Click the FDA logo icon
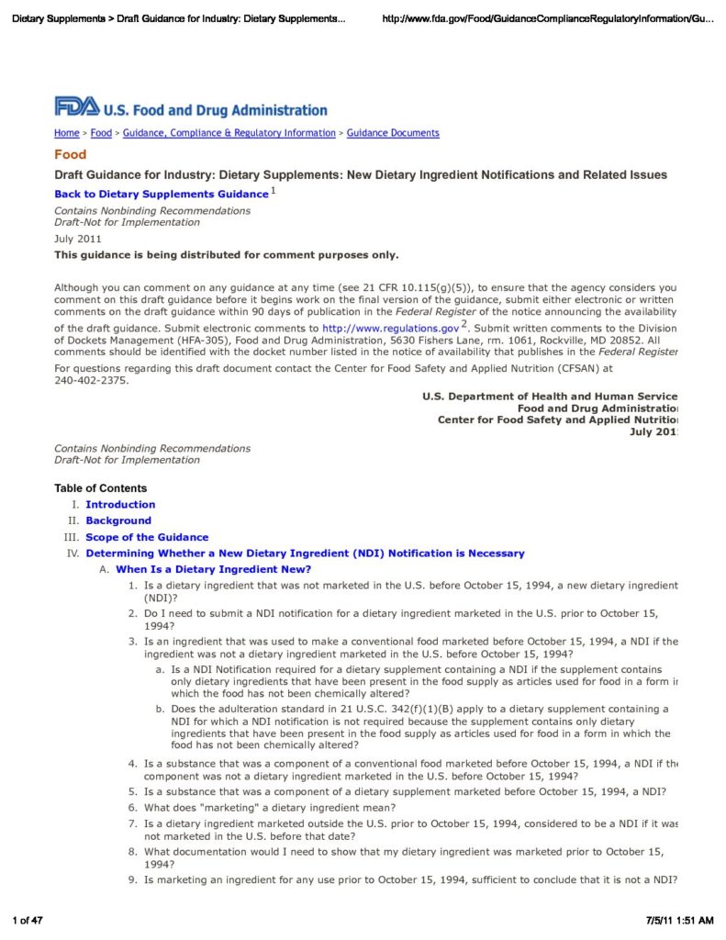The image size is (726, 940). click(77, 107)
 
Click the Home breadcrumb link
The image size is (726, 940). click(66, 133)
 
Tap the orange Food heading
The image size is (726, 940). click(71, 155)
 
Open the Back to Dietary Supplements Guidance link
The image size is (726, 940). click(161, 195)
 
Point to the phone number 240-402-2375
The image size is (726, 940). click(92, 380)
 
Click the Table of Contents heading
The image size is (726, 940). click(100, 488)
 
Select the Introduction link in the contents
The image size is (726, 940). click(120, 505)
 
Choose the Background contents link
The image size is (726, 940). click(117, 520)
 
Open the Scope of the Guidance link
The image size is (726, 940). click(147, 537)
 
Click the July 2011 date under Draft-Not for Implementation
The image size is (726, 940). click(78, 239)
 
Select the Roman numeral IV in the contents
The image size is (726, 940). click(73, 554)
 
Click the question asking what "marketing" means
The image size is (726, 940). click(270, 808)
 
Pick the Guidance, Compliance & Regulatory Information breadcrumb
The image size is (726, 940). click(229, 133)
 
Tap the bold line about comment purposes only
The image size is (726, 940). click(227, 254)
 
